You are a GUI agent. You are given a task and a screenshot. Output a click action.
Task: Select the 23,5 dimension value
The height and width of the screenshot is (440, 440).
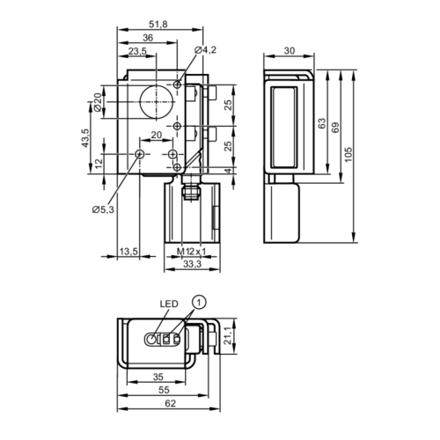(x=137, y=52)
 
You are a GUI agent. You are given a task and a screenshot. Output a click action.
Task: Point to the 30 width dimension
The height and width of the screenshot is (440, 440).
(x=290, y=50)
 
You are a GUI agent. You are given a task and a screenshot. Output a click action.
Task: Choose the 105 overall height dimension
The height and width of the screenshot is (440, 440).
(x=348, y=153)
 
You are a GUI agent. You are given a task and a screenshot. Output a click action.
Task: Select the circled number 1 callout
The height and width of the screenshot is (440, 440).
(x=200, y=303)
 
